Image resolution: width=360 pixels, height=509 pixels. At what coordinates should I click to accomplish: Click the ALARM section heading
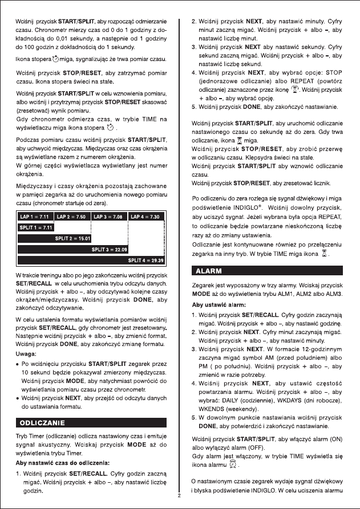click(209, 269)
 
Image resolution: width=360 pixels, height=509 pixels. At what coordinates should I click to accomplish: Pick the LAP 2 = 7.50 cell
click(73, 217)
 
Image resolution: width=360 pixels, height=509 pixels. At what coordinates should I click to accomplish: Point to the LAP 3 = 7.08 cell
click(110, 217)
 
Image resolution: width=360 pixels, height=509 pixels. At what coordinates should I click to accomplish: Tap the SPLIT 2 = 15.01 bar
click(72, 238)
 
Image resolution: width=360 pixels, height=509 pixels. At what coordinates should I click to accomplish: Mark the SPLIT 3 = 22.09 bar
click(110, 249)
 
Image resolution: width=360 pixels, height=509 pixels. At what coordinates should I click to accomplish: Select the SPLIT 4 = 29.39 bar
click(147, 260)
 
